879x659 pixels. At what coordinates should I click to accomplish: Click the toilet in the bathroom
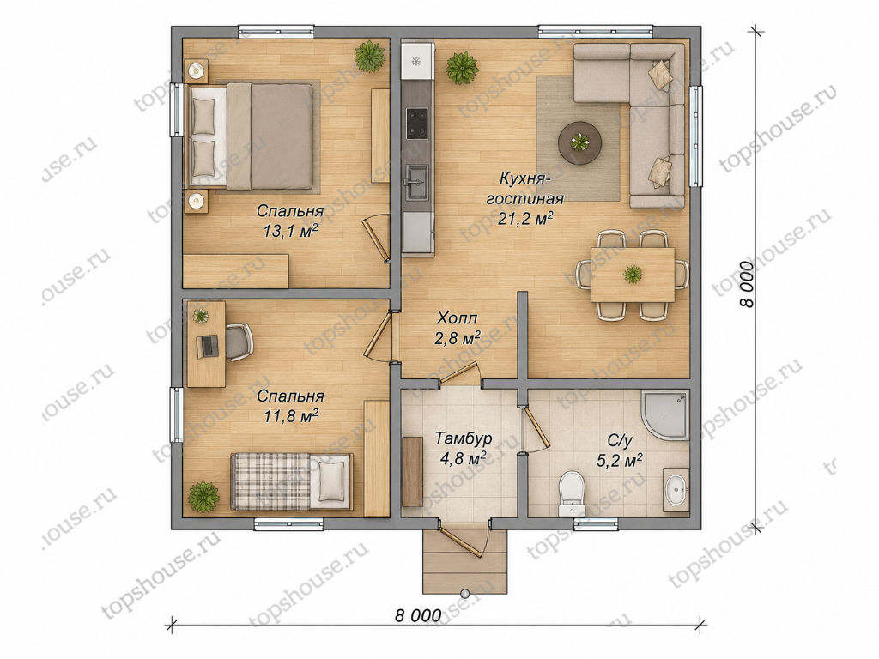click(x=572, y=493)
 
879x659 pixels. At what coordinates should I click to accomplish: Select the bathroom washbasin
click(x=676, y=489)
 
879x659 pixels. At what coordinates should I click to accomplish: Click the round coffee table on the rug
click(x=579, y=142)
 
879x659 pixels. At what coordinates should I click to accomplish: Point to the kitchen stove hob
click(x=417, y=124)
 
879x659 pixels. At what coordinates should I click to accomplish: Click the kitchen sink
click(x=417, y=182)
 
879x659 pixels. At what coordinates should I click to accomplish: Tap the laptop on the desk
click(x=208, y=346)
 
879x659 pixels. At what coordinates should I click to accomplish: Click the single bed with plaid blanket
click(x=291, y=482)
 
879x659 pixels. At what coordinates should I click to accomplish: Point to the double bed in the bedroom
click(x=252, y=136)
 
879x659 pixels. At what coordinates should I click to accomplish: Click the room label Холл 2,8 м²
click(x=458, y=329)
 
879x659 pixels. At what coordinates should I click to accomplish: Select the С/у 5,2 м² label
click(x=619, y=450)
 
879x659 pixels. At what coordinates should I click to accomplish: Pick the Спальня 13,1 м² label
click(x=290, y=221)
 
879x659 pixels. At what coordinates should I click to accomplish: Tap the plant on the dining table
click(x=633, y=274)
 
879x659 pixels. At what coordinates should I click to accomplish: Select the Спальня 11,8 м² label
click(x=290, y=405)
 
